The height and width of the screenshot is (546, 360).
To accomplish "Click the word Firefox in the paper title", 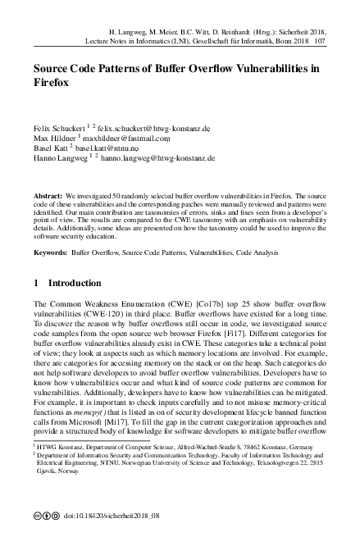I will (x=51, y=83).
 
